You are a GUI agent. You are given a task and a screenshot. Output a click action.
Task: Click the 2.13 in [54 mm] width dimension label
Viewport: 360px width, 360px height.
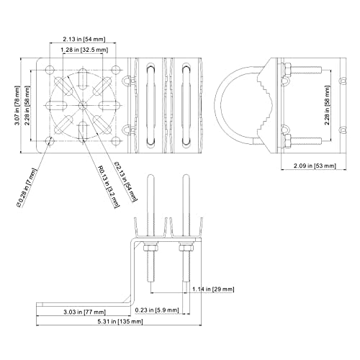point(84,39)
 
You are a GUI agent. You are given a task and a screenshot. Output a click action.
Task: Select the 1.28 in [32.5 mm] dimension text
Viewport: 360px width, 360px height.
point(84,50)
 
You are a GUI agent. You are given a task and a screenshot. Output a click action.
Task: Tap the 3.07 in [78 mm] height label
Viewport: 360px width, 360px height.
point(17,105)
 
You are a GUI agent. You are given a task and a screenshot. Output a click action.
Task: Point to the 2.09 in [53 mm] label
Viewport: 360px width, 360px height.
point(315,166)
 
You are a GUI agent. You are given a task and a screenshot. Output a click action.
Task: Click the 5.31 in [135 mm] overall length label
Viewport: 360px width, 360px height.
point(120,321)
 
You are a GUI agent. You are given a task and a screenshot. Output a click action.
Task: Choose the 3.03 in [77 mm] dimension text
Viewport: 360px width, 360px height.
point(84,312)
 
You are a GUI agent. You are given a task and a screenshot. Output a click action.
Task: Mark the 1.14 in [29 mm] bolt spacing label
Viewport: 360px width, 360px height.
point(213,289)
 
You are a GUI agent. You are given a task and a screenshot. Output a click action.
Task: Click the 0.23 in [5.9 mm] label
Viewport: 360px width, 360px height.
point(157,310)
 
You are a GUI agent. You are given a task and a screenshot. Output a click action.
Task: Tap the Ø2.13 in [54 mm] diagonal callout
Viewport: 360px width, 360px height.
point(126,181)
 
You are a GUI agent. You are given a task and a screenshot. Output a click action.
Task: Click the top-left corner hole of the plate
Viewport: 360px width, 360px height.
point(50,70)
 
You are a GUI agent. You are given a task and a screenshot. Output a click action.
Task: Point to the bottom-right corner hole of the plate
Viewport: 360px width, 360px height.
point(116,141)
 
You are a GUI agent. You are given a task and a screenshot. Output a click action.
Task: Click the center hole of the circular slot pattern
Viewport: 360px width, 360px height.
point(83,105)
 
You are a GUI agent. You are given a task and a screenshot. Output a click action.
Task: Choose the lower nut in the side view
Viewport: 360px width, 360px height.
point(287,141)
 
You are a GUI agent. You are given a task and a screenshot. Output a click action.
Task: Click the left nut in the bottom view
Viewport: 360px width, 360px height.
point(150,248)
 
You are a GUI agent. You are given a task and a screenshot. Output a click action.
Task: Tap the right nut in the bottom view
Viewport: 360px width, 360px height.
point(186,248)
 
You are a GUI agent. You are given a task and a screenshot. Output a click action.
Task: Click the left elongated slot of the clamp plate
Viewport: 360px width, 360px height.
point(150,105)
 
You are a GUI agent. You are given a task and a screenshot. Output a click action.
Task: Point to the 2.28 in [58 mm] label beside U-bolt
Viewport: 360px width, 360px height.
point(327,105)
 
